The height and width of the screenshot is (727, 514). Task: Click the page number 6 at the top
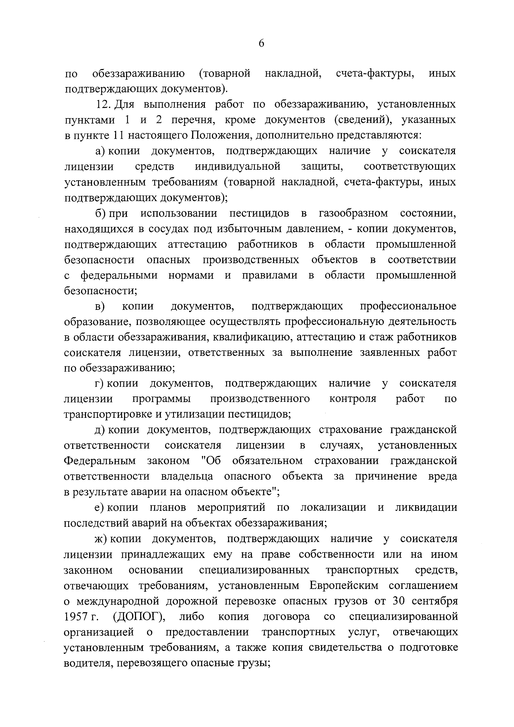click(x=261, y=44)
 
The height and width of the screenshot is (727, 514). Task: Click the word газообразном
click(x=353, y=213)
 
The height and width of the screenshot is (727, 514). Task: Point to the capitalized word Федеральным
click(x=100, y=461)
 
